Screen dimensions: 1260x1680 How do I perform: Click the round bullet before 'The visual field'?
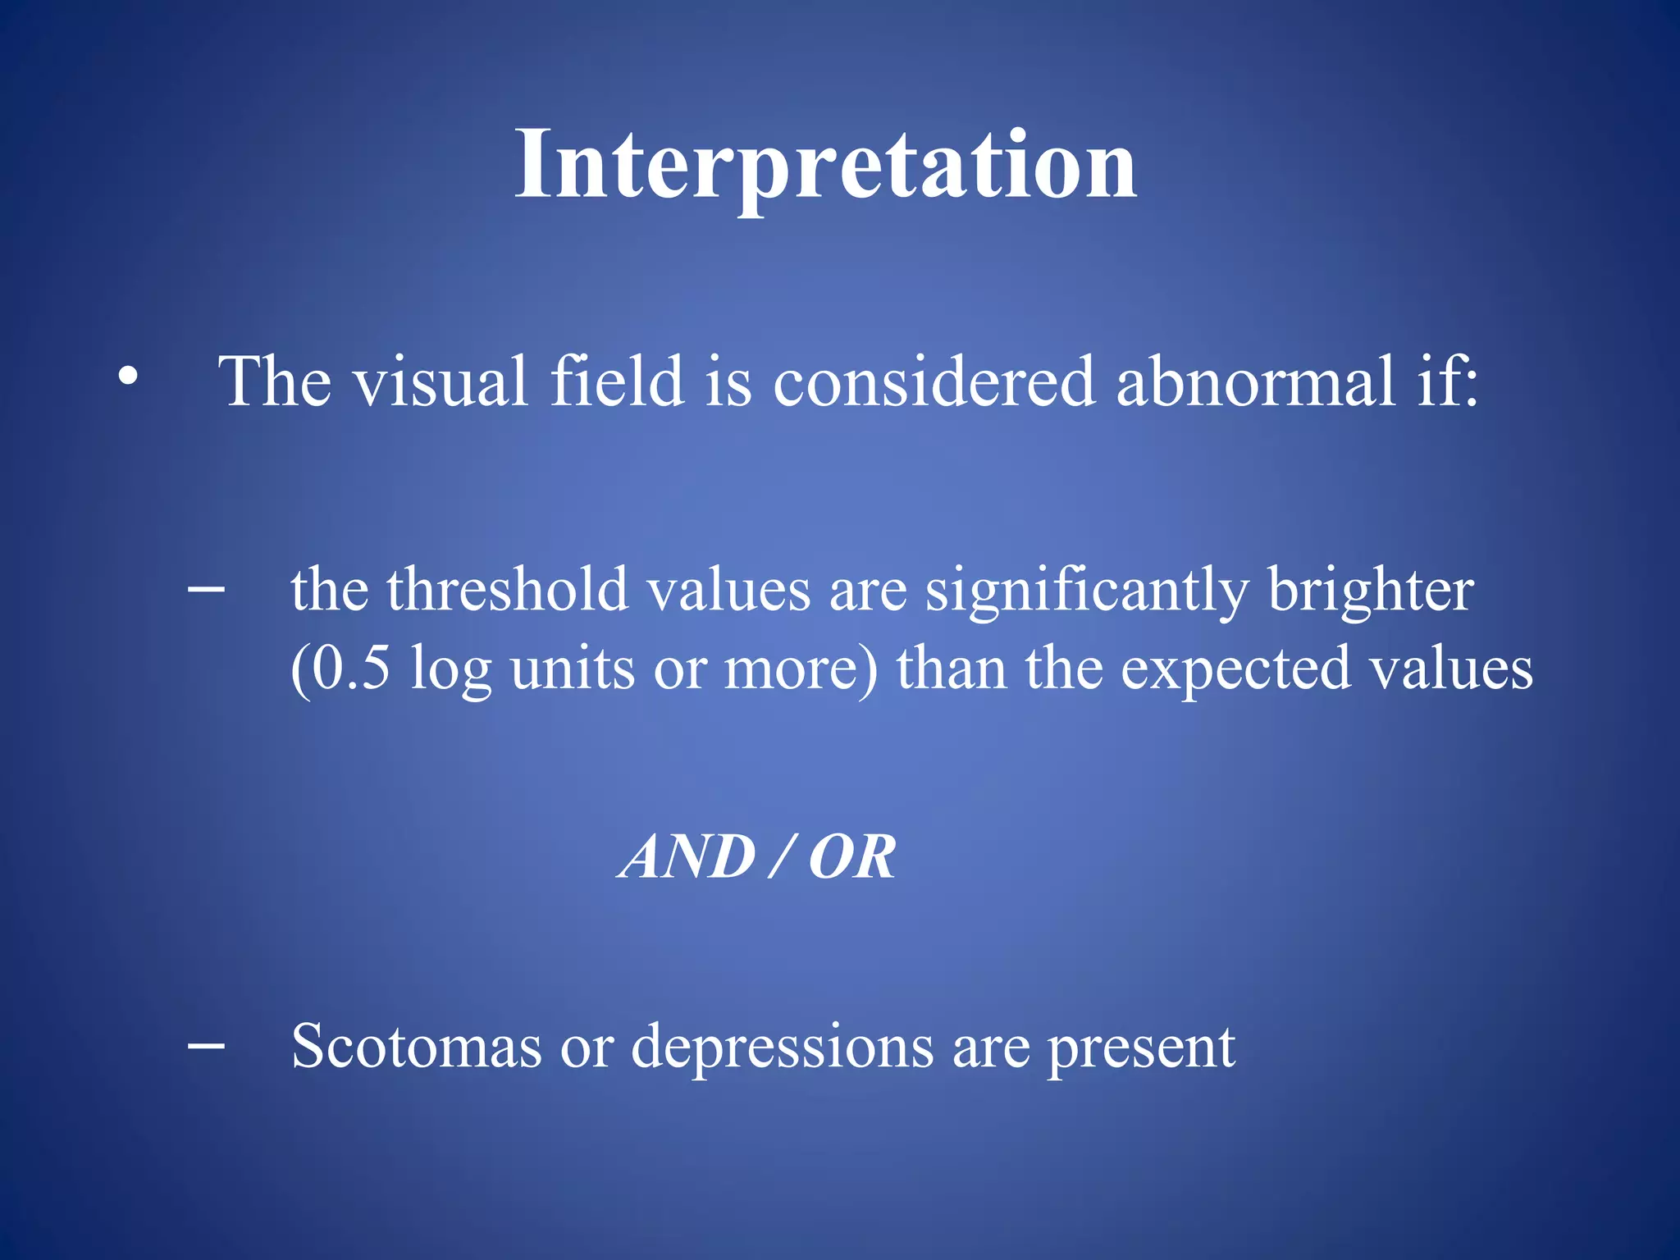pos(127,377)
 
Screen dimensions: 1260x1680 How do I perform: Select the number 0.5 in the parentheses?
pos(351,668)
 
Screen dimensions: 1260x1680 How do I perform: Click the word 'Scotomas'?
pos(416,1047)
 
